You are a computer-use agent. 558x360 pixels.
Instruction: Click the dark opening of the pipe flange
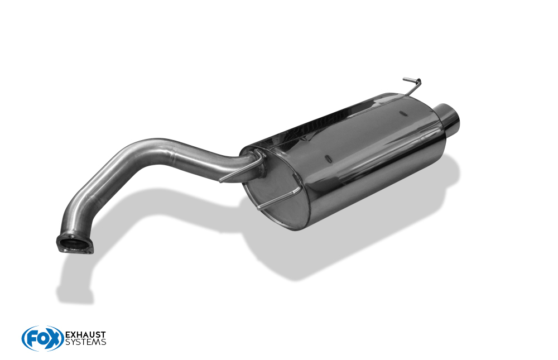(x=74, y=244)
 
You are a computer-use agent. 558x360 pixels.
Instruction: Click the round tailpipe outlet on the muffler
(x=449, y=117)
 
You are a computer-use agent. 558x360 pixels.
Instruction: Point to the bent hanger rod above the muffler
(x=413, y=86)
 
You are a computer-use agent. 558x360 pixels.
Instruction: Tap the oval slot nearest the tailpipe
(x=403, y=114)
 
